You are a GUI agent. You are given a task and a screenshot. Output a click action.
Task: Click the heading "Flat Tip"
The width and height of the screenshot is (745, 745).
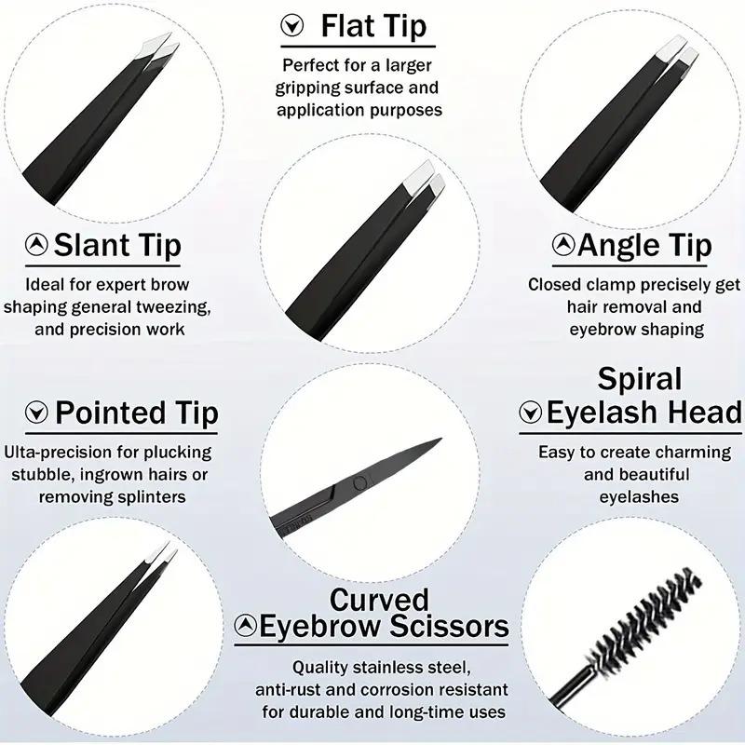(373, 25)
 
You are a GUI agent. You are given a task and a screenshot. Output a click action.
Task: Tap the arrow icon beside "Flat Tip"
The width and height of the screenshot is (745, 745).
(292, 25)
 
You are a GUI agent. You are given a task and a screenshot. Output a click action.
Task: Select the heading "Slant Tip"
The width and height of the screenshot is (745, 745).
(116, 246)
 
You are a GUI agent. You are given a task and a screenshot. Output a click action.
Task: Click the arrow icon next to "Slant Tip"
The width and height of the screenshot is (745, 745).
(36, 246)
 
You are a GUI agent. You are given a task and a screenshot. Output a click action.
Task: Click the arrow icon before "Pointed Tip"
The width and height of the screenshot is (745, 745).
(36, 413)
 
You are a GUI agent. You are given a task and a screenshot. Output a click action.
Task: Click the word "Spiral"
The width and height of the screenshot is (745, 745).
(640, 379)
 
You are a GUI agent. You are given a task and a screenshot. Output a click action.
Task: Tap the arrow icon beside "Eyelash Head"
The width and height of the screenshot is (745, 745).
(531, 413)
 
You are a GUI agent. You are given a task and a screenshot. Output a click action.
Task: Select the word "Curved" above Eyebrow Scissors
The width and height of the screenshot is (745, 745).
(379, 599)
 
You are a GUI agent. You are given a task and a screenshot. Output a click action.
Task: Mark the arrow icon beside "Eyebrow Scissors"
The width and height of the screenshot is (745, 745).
(246, 625)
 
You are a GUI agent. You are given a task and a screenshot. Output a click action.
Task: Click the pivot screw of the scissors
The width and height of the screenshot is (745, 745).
(358, 481)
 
